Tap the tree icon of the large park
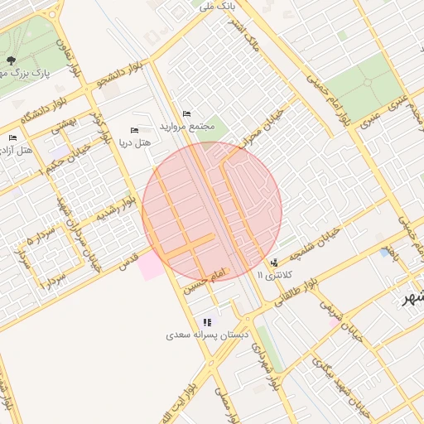click(11, 60)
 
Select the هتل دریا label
click(136, 143)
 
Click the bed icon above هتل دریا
click(135, 130)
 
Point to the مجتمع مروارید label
click(190, 127)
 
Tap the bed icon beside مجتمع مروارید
click(186, 113)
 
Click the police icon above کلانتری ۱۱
click(274, 263)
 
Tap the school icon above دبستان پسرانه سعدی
click(206, 322)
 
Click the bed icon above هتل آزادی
click(12, 138)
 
